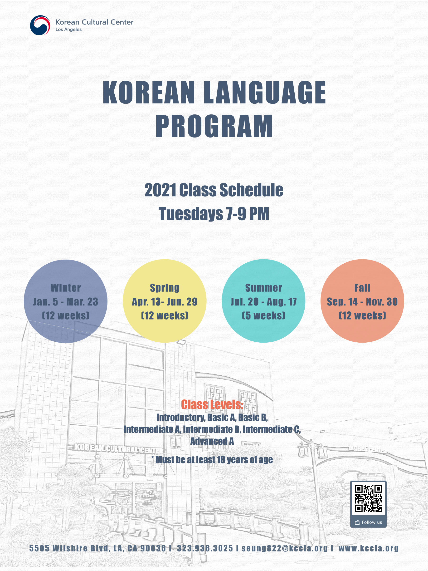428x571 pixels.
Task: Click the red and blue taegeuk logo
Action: click(x=40, y=25)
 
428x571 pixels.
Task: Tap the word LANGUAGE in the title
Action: click(x=265, y=92)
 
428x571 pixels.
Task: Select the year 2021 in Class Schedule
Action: click(x=160, y=190)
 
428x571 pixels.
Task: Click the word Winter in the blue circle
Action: click(x=66, y=288)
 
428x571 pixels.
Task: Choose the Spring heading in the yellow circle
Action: click(x=165, y=288)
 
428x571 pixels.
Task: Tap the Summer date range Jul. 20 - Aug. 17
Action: click(x=263, y=302)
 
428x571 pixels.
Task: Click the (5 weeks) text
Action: click(x=263, y=315)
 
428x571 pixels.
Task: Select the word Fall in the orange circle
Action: click(x=362, y=288)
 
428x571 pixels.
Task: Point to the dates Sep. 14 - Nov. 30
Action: click(x=362, y=302)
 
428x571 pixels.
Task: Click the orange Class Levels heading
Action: click(x=212, y=404)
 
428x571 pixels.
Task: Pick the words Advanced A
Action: click(x=212, y=441)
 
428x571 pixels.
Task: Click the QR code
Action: click(x=368, y=498)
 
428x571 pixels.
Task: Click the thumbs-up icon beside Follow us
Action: click(x=357, y=522)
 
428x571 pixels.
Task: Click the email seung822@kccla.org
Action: click(x=284, y=548)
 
